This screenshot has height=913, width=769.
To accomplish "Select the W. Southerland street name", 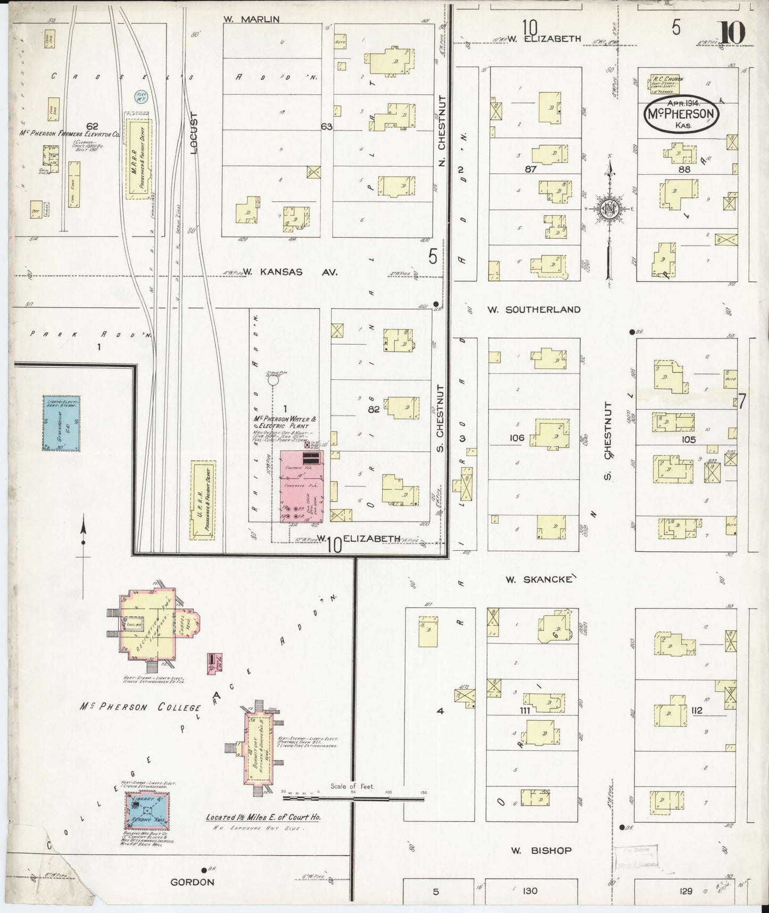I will click(x=534, y=309).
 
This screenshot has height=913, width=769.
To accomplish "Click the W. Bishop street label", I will click(x=541, y=851).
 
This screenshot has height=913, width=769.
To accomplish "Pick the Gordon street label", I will click(x=192, y=882).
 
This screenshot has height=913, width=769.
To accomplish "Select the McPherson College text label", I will click(x=140, y=708).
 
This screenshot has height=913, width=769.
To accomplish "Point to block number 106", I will click(x=517, y=438).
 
